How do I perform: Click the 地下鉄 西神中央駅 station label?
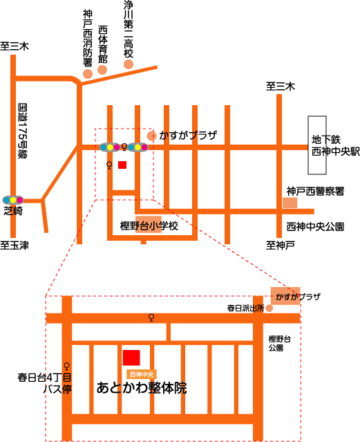tap(336, 145)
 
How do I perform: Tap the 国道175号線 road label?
tap(23, 131)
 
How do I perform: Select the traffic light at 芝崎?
tap(13, 200)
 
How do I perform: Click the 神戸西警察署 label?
tap(315, 192)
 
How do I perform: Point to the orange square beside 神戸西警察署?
tap(290, 203)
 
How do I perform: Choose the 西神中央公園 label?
tap(315, 227)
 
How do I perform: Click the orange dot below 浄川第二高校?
tap(129, 64)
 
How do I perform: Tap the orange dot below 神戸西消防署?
tap(88, 74)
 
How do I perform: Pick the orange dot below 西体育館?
tap(102, 70)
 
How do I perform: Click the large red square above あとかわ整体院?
tap(131, 358)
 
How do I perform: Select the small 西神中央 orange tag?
tap(142, 374)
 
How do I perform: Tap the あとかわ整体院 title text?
tap(142, 388)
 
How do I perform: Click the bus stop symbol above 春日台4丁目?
tap(67, 366)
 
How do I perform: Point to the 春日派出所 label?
tap(245, 308)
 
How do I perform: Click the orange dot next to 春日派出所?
tap(269, 308)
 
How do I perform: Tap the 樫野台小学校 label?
tap(149, 225)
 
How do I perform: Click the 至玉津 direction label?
tap(15, 246)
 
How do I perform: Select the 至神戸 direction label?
tap(281, 246)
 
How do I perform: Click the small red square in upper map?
tap(122, 165)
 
